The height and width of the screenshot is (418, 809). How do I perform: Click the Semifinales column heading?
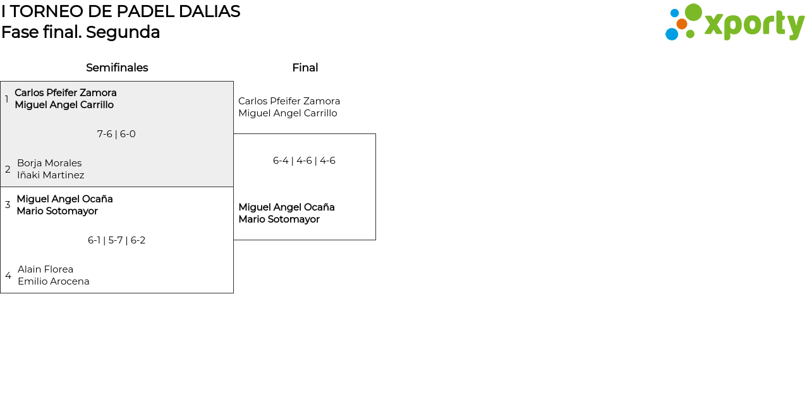point(117,68)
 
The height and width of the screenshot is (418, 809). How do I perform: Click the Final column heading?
point(305,68)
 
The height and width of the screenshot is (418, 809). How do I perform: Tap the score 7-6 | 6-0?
point(116,134)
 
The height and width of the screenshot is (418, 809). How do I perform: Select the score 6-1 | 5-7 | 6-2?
point(116,240)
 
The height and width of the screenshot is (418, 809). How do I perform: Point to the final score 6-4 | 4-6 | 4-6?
point(304,161)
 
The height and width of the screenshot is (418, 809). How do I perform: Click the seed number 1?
point(6,99)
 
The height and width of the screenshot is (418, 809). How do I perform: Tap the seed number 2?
point(8,169)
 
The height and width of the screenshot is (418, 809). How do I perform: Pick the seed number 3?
point(8,205)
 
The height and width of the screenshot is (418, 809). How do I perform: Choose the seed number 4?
point(8,276)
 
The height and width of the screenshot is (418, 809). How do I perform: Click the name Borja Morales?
point(49,163)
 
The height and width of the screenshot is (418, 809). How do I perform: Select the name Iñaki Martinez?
point(51,175)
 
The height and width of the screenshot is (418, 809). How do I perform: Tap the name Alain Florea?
point(46,269)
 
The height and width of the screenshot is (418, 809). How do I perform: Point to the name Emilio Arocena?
point(54,281)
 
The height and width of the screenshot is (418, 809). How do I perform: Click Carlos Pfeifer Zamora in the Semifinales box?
point(66,93)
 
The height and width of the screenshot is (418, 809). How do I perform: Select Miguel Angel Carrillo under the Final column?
point(288,113)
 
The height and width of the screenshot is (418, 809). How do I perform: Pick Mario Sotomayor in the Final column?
point(279,219)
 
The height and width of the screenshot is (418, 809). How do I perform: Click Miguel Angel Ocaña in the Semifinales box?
point(64,199)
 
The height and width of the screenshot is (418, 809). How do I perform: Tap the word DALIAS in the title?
point(209,11)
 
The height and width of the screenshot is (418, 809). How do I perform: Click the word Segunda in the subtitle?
point(123,32)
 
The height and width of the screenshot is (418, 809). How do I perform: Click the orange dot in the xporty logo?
point(681,24)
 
